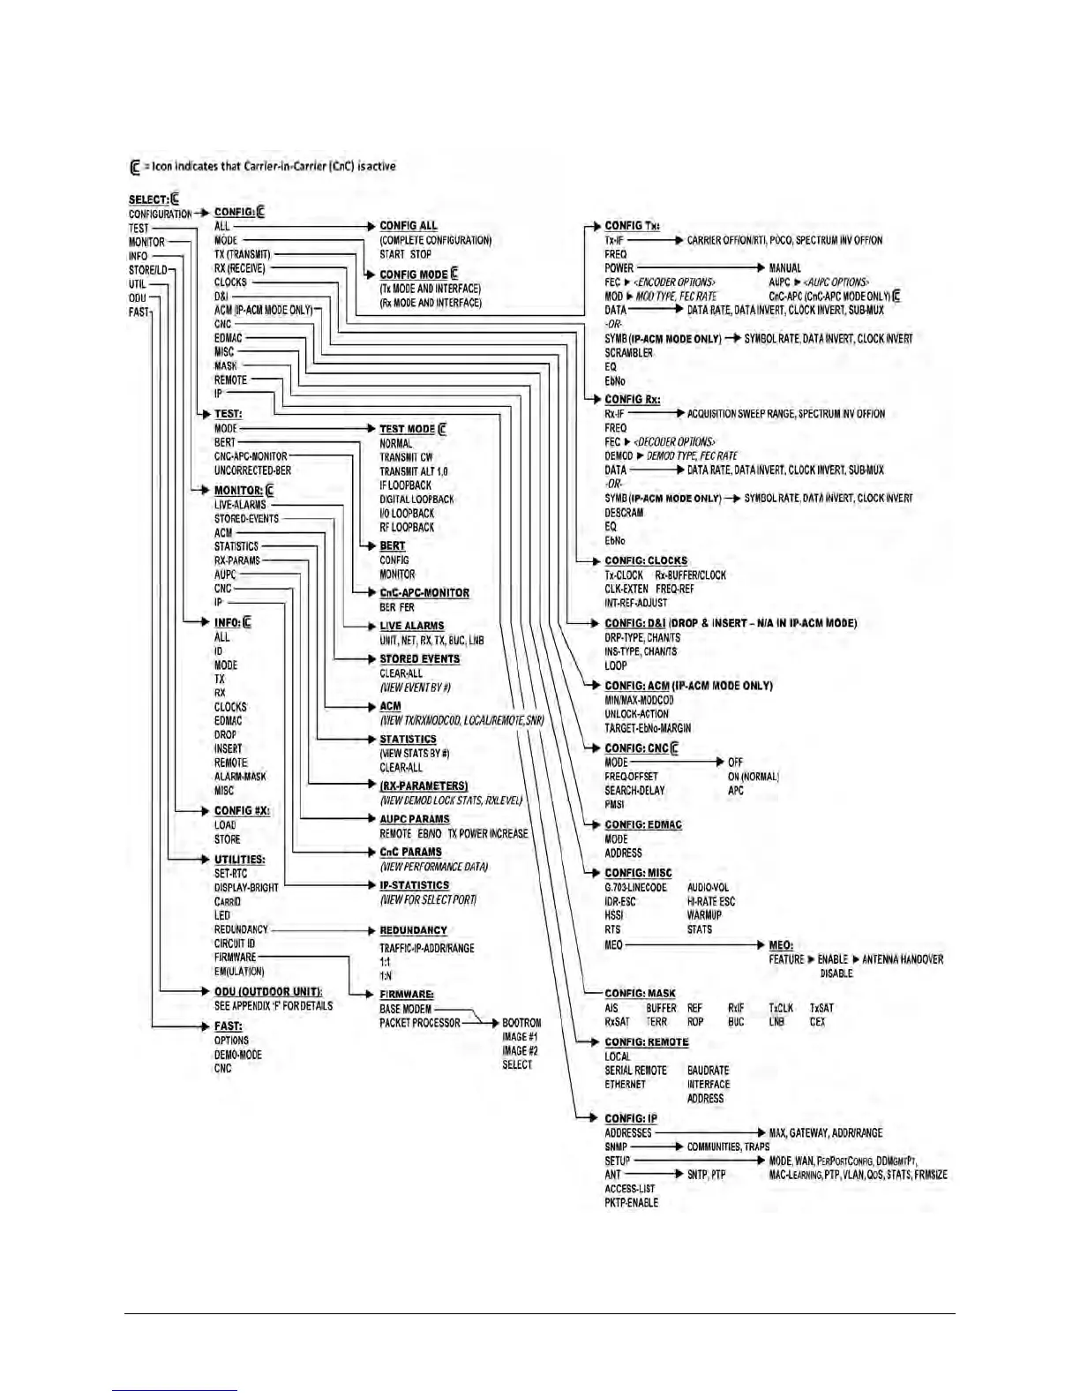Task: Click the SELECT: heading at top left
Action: point(148,199)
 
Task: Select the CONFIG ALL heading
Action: point(409,226)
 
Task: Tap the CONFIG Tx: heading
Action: point(632,226)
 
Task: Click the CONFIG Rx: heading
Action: point(632,400)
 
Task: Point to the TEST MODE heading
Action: point(408,429)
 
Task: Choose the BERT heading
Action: point(393,546)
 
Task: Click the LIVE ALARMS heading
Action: point(412,626)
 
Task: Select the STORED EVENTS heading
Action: point(420,659)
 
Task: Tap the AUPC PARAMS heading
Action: point(415,819)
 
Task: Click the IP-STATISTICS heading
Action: point(415,885)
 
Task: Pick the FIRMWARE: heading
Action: point(407,995)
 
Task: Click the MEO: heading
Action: point(781,945)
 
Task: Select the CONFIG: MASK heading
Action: point(640,994)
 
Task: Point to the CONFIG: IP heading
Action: point(631,1119)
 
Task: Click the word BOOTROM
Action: point(521,1023)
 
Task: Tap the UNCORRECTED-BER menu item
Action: point(252,470)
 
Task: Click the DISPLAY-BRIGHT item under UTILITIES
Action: point(246,888)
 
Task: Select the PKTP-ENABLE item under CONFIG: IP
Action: point(631,1203)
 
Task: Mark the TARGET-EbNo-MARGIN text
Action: point(648,728)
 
